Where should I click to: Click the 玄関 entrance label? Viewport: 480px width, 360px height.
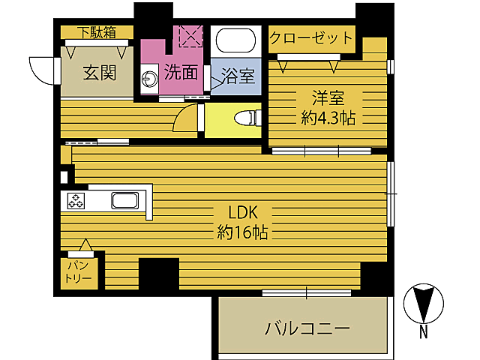pyautogui.click(x=99, y=73)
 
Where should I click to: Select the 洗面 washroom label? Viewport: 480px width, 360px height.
pyautogui.click(x=181, y=73)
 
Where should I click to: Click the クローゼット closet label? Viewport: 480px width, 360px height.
pyautogui.click(x=310, y=37)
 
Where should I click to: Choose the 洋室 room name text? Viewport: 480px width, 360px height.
pyautogui.click(x=328, y=97)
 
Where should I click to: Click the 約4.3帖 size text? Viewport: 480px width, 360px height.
pyautogui.click(x=328, y=118)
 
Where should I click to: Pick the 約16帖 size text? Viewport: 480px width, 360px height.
pyautogui.click(x=238, y=232)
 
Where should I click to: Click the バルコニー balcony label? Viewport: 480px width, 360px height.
pyautogui.click(x=307, y=328)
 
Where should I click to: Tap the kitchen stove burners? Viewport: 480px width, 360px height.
pyautogui.click(x=77, y=200)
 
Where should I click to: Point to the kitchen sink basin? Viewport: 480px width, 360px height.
pyautogui.click(x=124, y=200)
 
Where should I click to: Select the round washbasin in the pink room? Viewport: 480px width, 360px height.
pyautogui.click(x=148, y=76)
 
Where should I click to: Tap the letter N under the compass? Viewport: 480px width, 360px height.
pyautogui.click(x=424, y=331)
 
